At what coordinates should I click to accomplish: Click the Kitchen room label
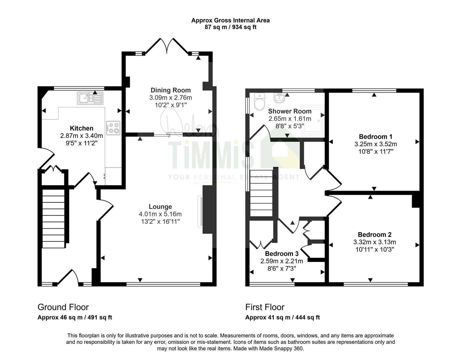click(x=82, y=128)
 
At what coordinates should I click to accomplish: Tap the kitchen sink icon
click(x=90, y=98)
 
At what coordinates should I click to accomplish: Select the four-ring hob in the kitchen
click(x=113, y=128)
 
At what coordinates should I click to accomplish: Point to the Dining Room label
click(x=171, y=90)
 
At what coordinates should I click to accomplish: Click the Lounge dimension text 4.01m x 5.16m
click(x=160, y=214)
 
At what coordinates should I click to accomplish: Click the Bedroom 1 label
click(x=375, y=136)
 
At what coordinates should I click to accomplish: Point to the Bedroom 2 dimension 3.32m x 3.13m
click(x=375, y=242)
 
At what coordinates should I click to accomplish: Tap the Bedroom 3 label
click(x=282, y=254)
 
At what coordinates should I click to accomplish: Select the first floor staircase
click(x=261, y=193)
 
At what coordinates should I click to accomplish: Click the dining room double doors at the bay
click(x=167, y=45)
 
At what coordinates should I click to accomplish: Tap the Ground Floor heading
click(x=63, y=307)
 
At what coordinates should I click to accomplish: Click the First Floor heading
click(x=265, y=307)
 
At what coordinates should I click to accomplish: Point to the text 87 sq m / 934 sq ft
click(x=230, y=27)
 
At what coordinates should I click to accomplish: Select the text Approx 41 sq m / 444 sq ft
click(x=282, y=317)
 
